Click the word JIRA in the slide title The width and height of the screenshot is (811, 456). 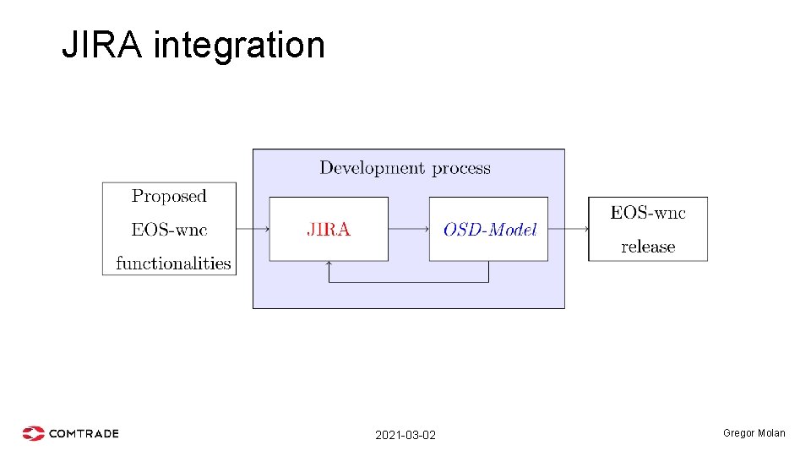(104, 45)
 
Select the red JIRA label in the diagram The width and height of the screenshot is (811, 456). (329, 229)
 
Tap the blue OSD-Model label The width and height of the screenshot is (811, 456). (490, 230)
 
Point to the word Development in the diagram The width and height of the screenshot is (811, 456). (373, 168)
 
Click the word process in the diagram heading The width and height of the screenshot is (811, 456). (461, 168)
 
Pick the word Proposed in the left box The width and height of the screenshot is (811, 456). (169, 196)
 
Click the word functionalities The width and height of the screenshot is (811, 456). (173, 263)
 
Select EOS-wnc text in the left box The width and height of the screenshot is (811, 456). (169, 230)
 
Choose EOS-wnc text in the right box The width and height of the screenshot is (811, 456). (648, 213)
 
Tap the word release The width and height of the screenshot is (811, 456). (648, 247)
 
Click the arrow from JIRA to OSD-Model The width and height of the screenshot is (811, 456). (409, 229)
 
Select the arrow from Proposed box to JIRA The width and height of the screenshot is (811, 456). (253, 229)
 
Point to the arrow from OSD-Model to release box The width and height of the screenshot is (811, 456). (568, 229)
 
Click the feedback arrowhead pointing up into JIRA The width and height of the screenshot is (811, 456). (329, 264)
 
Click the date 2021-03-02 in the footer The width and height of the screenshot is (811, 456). (405, 435)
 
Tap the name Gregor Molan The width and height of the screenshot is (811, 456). (754, 433)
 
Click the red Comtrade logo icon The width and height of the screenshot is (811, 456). (33, 433)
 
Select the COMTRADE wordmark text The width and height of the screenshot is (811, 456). (84, 433)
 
